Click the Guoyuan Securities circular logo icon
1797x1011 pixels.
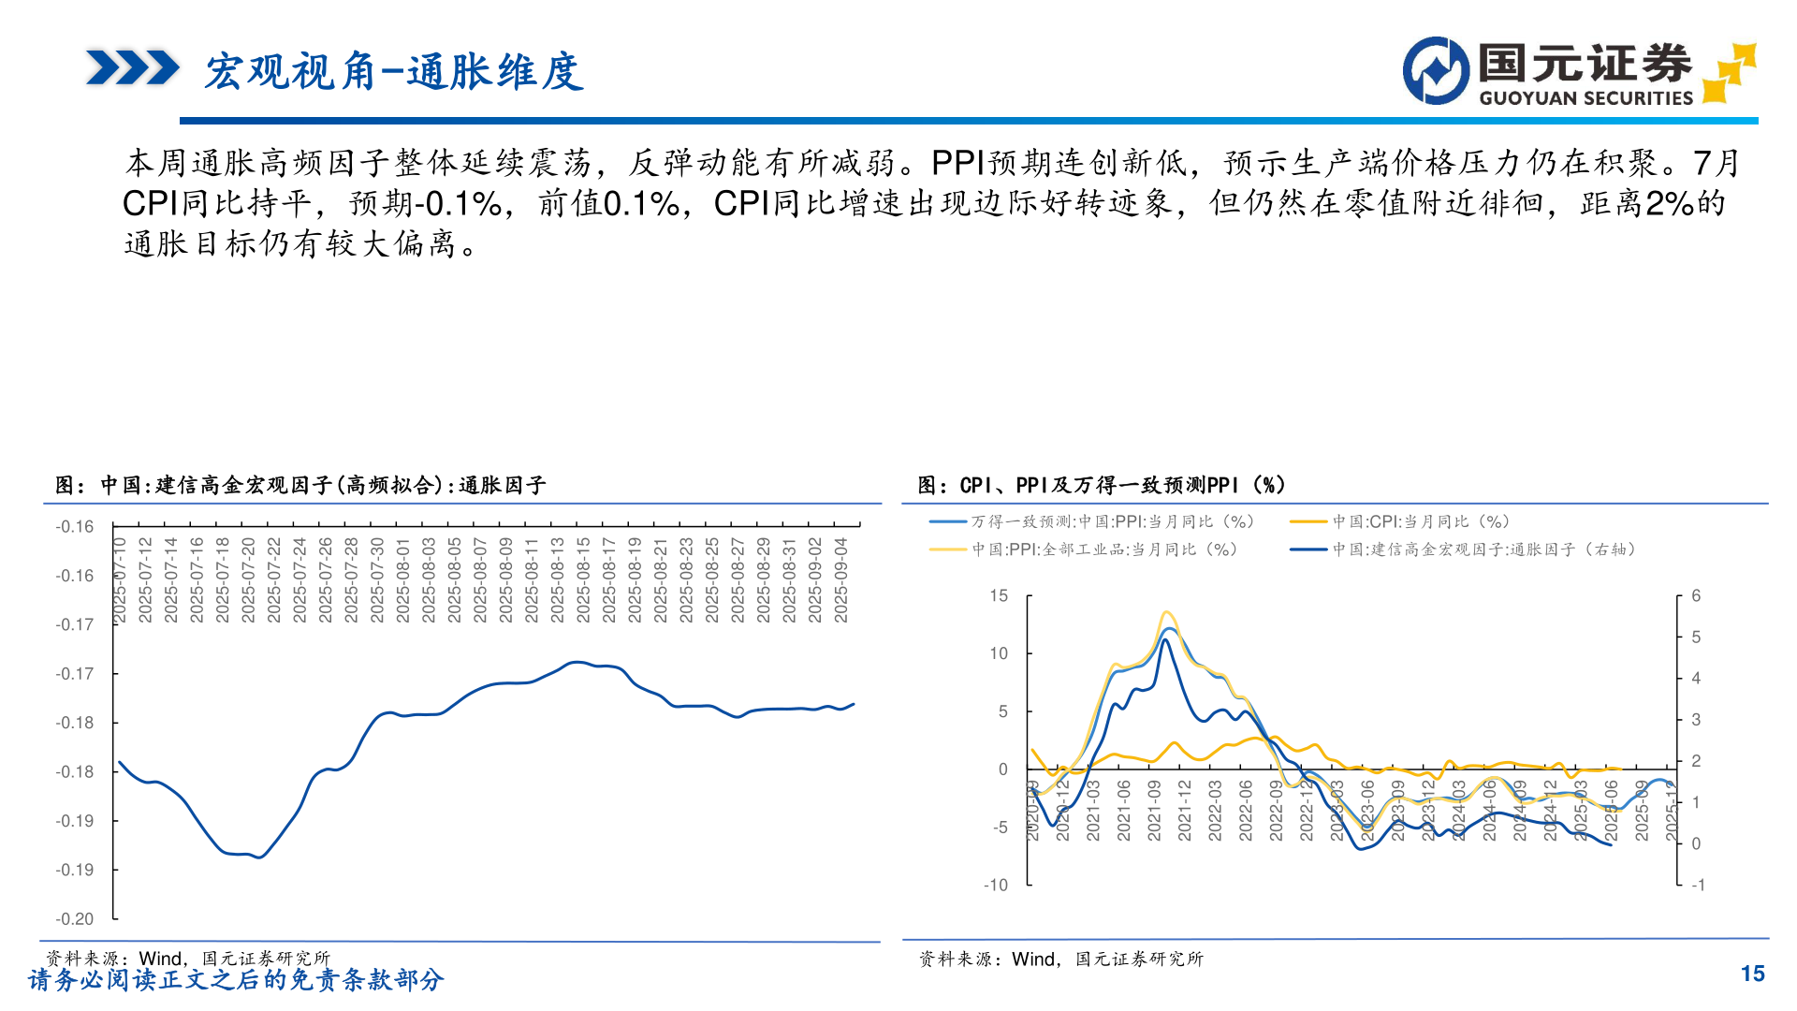1436,70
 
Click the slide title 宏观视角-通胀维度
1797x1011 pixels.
394,72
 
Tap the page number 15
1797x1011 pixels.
1752,974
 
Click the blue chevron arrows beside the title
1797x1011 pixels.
132,68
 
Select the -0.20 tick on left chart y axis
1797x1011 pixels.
75,919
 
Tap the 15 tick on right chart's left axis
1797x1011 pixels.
999,595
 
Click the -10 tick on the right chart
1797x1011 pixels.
995,885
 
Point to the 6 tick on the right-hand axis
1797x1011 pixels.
1696,595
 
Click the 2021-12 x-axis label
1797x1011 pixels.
1185,811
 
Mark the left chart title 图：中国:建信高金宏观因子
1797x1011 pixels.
300,485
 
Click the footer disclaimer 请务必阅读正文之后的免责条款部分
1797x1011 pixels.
236,980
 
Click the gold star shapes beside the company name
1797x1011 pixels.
1730,71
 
